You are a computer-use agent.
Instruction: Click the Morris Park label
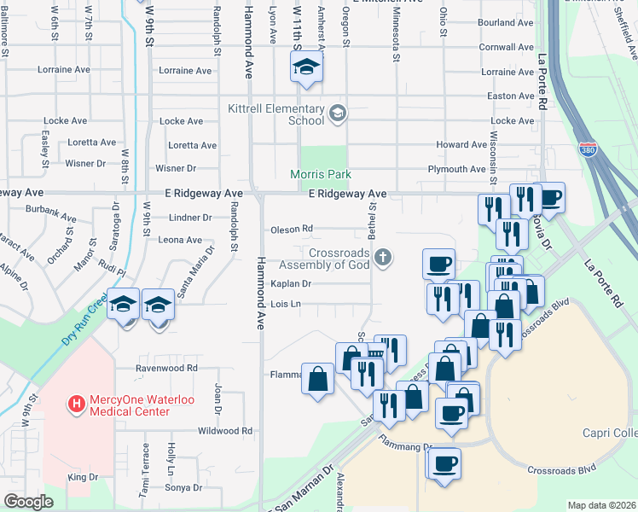tap(309, 174)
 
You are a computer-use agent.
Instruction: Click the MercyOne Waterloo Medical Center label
tap(128, 404)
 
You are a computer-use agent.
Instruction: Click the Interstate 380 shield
tap(589, 148)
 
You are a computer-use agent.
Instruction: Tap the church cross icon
tap(385, 256)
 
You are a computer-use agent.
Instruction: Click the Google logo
tap(27, 502)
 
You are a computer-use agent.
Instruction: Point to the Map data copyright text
tap(601, 505)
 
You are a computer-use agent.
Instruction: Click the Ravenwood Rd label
tap(167, 369)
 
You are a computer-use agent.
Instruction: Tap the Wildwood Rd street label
tap(223, 431)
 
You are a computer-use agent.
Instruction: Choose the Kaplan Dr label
tap(291, 283)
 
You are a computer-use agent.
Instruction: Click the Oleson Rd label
tap(292, 229)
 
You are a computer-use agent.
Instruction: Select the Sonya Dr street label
tap(184, 488)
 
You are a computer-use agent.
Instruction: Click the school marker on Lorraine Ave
tap(304, 68)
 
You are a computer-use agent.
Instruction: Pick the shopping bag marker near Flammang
tap(317, 379)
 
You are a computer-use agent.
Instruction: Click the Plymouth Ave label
tap(456, 169)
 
